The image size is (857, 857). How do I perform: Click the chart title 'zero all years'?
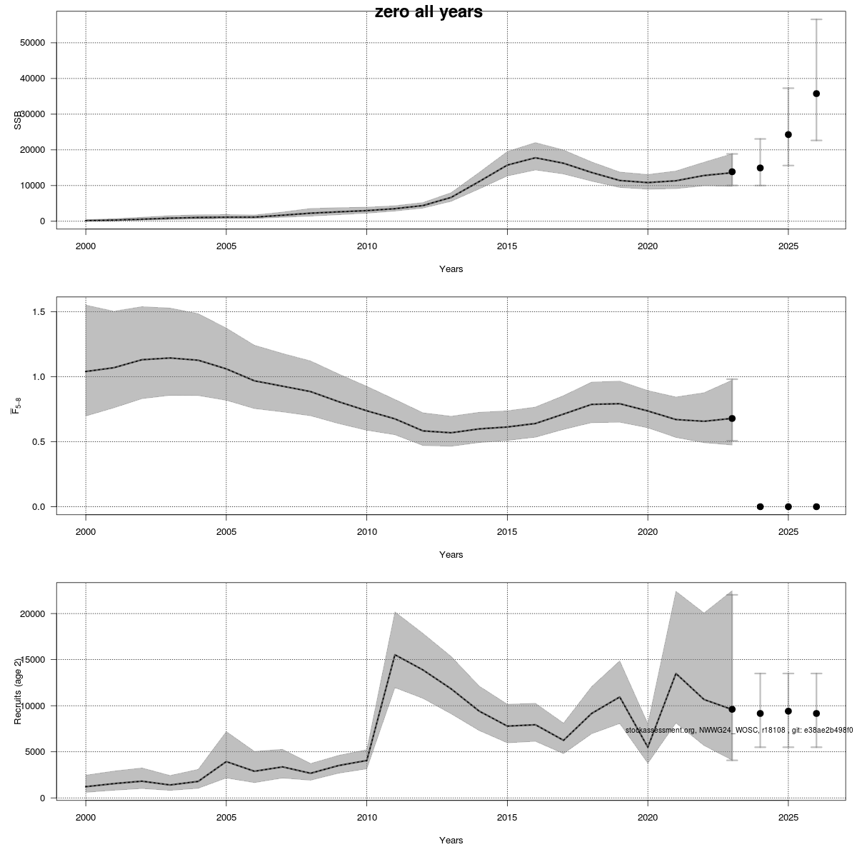click(428, 12)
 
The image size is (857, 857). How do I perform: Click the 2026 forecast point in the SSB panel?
click(816, 94)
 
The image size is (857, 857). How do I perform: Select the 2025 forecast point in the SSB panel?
click(788, 134)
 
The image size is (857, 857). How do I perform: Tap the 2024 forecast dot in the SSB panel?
click(760, 168)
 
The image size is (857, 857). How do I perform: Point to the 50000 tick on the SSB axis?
click(33, 43)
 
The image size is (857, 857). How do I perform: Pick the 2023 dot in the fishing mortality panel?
click(732, 419)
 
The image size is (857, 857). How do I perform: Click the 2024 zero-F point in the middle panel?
click(760, 506)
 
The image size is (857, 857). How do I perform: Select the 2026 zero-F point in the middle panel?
click(816, 506)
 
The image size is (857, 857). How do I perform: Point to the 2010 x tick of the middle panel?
click(366, 532)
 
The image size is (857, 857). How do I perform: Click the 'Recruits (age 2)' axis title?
click(18, 691)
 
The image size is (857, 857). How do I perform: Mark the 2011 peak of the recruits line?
click(395, 655)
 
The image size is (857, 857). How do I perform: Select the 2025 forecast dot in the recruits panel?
click(788, 711)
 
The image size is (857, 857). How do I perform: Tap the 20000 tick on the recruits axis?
click(33, 614)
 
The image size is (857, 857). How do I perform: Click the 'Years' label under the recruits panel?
click(451, 841)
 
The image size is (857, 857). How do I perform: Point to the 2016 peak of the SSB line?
click(536, 158)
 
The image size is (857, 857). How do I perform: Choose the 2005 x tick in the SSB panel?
click(226, 246)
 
